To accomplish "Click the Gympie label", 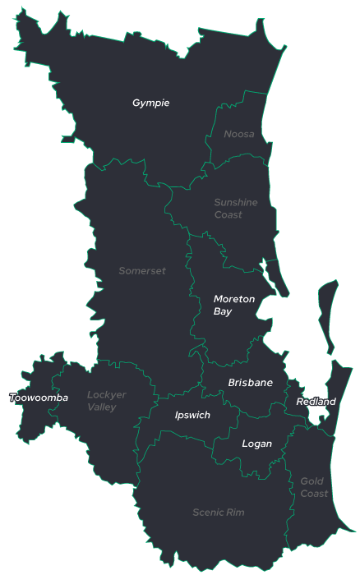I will pyautogui.click(x=150, y=103).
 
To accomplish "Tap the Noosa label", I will pyautogui.click(x=239, y=134).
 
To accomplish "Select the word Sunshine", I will pyautogui.click(x=236, y=202).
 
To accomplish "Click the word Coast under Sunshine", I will pyautogui.click(x=228, y=215).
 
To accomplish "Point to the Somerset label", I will pyautogui.click(x=142, y=271).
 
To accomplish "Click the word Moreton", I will pyautogui.click(x=234, y=299).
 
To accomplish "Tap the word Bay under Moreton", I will pyautogui.click(x=223, y=312).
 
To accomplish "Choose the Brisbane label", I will pyautogui.click(x=251, y=383).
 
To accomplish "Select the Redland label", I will pyautogui.click(x=316, y=402).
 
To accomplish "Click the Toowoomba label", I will pyautogui.click(x=39, y=398).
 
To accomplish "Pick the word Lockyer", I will pyautogui.click(x=107, y=395).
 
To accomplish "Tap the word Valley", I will pyautogui.click(x=102, y=407).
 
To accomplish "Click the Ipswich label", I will pyautogui.click(x=192, y=416).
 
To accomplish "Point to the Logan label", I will pyautogui.click(x=256, y=444).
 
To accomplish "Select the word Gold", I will pyautogui.click(x=312, y=481).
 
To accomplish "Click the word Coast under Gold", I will pyautogui.click(x=314, y=494).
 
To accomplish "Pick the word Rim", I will pyautogui.click(x=236, y=513).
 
